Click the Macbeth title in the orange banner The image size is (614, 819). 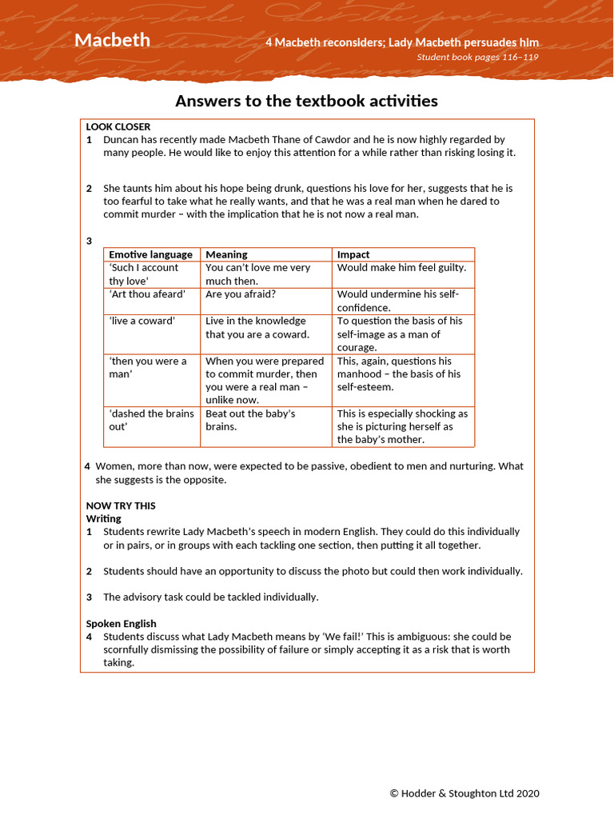coord(112,40)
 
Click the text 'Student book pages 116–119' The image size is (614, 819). coord(477,57)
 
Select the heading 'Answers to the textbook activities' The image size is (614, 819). coord(306,101)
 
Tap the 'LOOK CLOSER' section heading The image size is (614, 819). coord(118,126)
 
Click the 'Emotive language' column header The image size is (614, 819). coord(150,254)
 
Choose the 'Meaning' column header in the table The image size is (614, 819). coord(226,254)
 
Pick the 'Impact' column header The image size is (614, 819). coord(353,254)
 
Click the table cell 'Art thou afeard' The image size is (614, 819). coord(147,294)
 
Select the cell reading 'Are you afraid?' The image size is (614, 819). coord(241,294)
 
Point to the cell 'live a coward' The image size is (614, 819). coord(142,321)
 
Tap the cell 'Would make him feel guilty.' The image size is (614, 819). coord(401,268)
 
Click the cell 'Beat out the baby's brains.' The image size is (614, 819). coord(250,420)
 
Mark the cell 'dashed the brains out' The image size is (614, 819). coord(151,420)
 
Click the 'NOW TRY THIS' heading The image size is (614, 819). coord(121,505)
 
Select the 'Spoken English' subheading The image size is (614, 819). coord(121,623)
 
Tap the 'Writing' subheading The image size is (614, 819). coord(104,518)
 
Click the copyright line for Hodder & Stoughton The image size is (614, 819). coord(464,793)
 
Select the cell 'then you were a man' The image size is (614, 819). coord(148,367)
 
